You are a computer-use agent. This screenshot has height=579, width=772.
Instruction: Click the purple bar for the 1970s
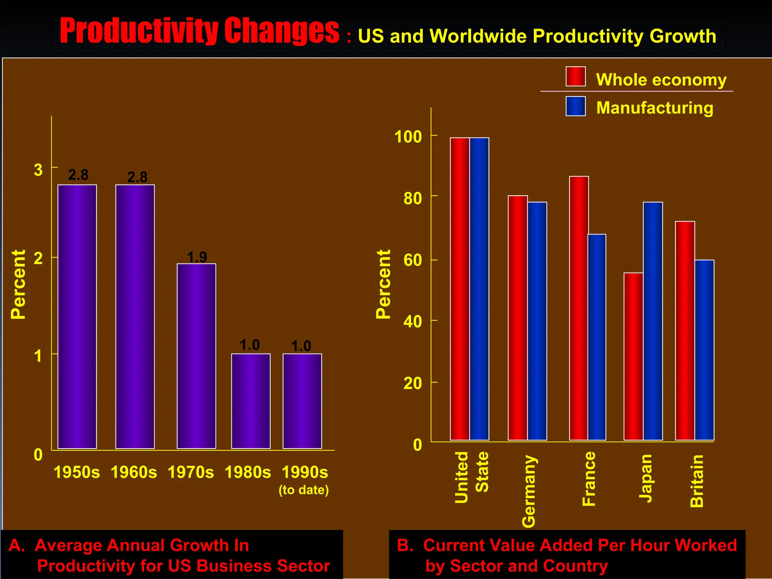click(x=196, y=356)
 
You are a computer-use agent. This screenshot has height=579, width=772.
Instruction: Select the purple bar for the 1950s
click(x=77, y=317)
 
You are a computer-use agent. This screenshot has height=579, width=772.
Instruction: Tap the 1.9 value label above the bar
click(x=197, y=257)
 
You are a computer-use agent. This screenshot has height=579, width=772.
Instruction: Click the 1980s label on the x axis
click(x=248, y=472)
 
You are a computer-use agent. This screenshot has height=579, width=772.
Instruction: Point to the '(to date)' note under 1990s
click(x=303, y=490)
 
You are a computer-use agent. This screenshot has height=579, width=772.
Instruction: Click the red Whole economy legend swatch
click(x=575, y=77)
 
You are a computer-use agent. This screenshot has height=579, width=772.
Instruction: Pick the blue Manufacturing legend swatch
click(x=575, y=106)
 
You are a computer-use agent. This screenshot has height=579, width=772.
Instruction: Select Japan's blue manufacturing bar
click(x=653, y=321)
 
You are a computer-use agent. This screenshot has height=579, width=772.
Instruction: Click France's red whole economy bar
click(x=579, y=308)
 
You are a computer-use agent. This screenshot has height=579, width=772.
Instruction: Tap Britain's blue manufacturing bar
click(x=705, y=350)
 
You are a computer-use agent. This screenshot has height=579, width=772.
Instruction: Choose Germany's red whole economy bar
click(x=518, y=318)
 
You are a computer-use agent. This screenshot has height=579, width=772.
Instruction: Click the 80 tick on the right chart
click(x=412, y=198)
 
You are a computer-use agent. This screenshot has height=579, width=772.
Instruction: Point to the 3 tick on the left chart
click(x=38, y=170)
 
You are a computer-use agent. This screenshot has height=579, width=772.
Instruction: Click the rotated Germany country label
click(x=529, y=491)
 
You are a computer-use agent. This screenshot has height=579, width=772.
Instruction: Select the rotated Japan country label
click(x=646, y=478)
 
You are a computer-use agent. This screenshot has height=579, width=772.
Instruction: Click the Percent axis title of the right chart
click(x=383, y=284)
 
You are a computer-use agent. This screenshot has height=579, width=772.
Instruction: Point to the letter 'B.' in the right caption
click(x=405, y=545)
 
